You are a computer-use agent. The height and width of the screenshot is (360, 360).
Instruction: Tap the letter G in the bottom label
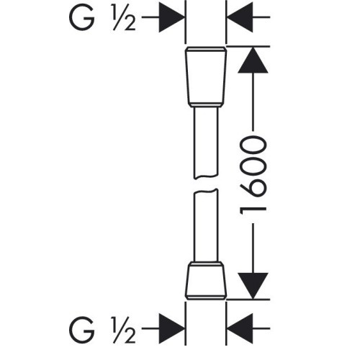[x=81, y=329]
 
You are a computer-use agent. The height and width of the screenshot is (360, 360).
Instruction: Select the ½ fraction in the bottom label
[x=124, y=330]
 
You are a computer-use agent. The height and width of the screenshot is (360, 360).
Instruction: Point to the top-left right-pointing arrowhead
[x=171, y=17]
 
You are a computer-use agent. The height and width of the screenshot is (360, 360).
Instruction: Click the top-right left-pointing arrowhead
[x=240, y=17]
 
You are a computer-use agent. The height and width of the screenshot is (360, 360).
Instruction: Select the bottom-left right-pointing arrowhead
[x=171, y=328]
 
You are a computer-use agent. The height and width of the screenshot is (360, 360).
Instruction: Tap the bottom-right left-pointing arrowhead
[x=240, y=328]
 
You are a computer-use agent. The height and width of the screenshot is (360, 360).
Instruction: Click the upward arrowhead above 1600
[x=253, y=60]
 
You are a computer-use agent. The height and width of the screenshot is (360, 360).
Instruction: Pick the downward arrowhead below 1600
[x=253, y=286]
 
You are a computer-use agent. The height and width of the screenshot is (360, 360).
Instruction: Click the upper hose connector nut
[x=206, y=76]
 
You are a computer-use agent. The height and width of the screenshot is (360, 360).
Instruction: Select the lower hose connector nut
[x=206, y=281]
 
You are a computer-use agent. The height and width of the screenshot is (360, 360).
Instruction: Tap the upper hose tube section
[x=206, y=143]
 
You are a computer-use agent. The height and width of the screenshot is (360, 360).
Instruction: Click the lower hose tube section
[x=206, y=225]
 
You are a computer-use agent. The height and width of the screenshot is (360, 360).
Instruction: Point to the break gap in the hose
[x=206, y=184]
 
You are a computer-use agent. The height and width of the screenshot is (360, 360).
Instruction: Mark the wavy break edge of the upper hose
[x=206, y=176]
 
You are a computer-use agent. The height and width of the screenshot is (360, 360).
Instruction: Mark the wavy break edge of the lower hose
[x=206, y=190]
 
